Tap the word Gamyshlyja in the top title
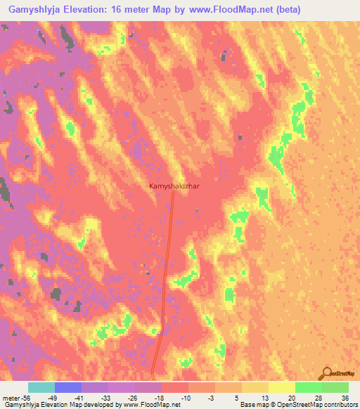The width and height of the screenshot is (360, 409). coord(34,9)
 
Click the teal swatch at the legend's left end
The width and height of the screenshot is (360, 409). coord(41,387)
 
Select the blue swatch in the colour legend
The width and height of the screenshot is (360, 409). coord(68,387)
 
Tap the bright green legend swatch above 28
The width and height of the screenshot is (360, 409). coord(308,387)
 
